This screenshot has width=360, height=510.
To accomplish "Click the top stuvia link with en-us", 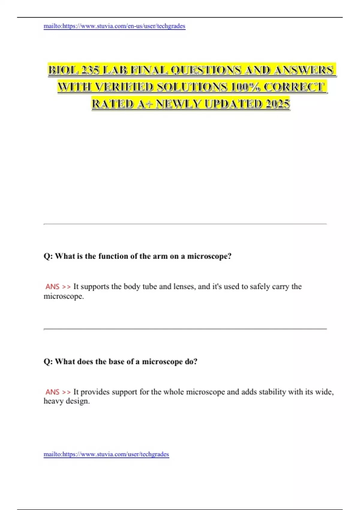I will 114,26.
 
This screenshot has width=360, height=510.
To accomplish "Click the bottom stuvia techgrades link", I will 106,454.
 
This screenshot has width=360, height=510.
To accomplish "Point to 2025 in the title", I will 277,104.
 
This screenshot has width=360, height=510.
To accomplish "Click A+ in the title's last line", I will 145,104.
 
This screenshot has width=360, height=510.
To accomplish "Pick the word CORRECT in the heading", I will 294,87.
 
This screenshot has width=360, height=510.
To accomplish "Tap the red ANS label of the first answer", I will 52,287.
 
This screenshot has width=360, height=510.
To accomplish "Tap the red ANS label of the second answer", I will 52,392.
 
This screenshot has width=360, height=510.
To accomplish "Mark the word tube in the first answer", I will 149,286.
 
